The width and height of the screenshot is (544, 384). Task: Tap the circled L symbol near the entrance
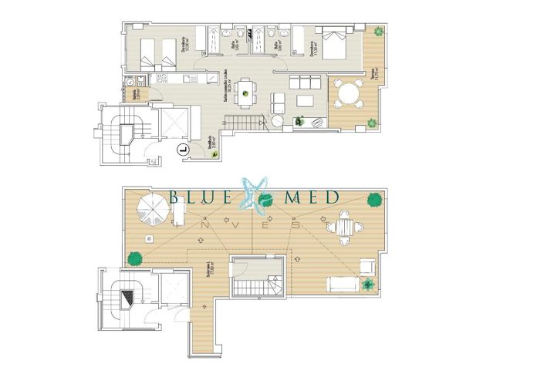coord(183,150)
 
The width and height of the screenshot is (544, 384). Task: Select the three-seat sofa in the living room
coord(304,81)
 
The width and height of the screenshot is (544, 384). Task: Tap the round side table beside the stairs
coord(278,122)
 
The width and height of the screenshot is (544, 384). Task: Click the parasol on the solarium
coord(150,206)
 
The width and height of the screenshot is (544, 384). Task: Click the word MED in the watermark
coord(312,198)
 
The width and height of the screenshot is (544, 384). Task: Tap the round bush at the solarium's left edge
coord(134,258)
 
